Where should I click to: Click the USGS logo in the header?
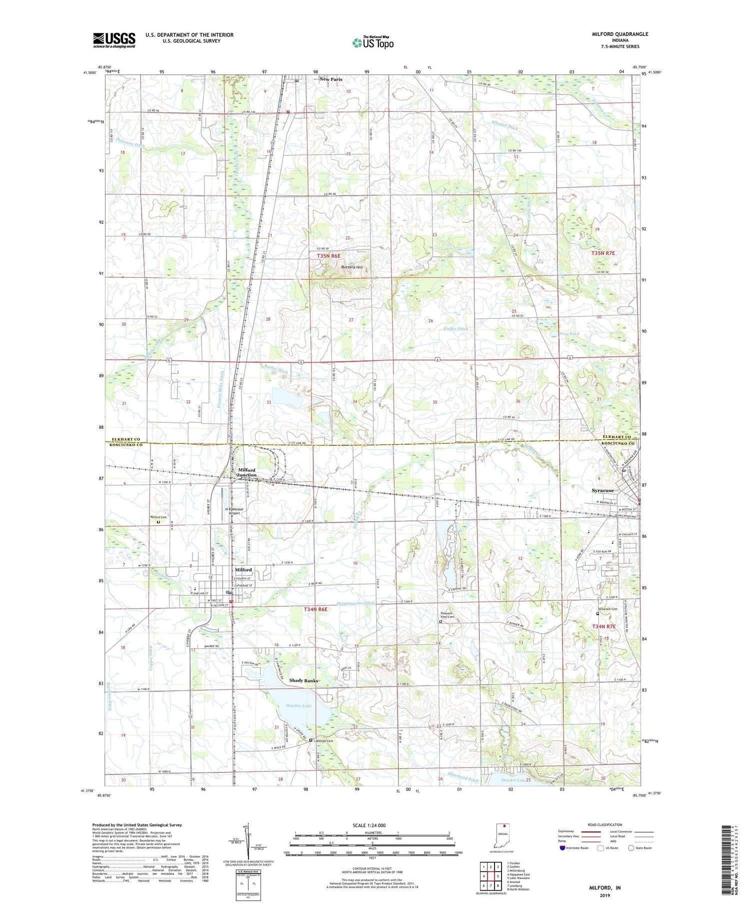(x=114, y=40)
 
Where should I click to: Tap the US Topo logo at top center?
(x=372, y=42)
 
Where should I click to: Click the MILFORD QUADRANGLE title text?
(x=619, y=34)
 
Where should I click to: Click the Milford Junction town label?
(x=246, y=472)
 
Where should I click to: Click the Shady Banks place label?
(x=303, y=681)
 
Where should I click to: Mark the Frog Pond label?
(x=568, y=334)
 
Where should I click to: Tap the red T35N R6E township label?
(x=328, y=256)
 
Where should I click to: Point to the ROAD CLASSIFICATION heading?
(x=604, y=825)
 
